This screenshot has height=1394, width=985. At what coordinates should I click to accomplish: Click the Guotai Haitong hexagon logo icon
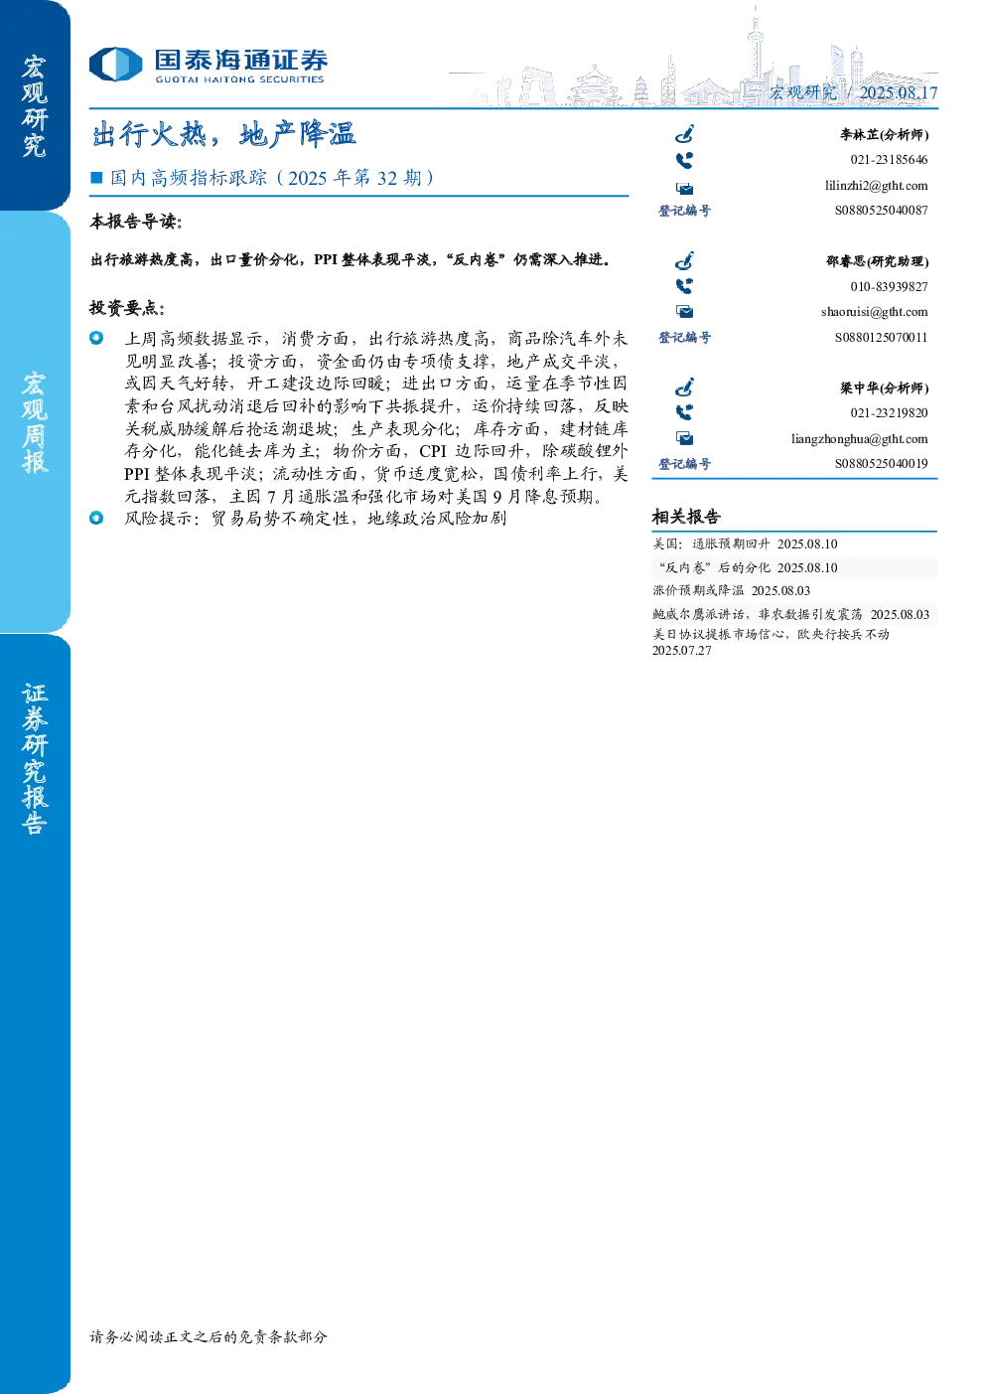(x=115, y=65)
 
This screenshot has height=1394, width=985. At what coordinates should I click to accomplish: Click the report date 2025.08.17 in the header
(x=898, y=92)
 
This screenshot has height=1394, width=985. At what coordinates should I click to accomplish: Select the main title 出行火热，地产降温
(x=223, y=134)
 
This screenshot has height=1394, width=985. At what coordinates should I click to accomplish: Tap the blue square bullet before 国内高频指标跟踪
(x=96, y=178)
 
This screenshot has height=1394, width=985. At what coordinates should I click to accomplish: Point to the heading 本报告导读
(x=136, y=222)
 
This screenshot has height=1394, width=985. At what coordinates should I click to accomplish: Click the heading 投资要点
(x=127, y=307)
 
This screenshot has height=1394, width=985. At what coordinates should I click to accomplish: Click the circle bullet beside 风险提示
(x=96, y=518)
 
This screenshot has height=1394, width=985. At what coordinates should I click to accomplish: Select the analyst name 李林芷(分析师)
(x=884, y=134)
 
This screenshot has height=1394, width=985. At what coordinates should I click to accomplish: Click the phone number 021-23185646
(x=889, y=160)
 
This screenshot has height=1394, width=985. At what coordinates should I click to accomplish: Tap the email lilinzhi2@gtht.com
(x=876, y=186)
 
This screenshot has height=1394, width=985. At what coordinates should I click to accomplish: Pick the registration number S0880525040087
(x=881, y=211)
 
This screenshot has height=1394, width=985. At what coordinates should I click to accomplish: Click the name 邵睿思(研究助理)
(x=877, y=261)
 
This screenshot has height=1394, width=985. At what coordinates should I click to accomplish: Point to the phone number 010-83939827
(x=889, y=287)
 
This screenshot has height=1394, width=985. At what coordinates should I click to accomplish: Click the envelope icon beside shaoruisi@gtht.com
(x=685, y=311)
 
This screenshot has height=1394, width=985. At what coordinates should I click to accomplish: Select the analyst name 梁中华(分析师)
(x=884, y=388)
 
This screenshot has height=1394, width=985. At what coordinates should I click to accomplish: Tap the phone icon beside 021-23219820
(x=684, y=412)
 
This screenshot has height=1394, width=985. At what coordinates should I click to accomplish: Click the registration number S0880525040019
(x=881, y=464)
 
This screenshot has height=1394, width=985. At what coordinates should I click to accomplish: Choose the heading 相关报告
(x=686, y=517)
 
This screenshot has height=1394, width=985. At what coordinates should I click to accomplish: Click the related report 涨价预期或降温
(x=698, y=590)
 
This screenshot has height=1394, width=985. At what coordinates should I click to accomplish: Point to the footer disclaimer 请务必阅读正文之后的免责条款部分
(x=209, y=1336)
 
